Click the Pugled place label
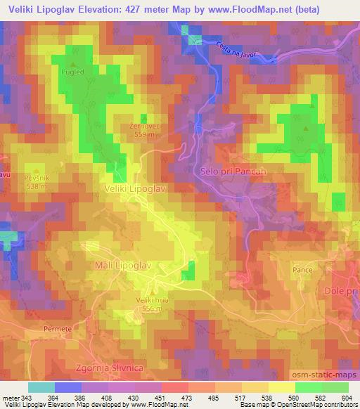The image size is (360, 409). click(72, 72)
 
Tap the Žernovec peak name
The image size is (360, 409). click(143, 126)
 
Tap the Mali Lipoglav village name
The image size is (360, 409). click(122, 265)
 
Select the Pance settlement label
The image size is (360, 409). click(303, 269)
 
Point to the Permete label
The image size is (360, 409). click(58, 328)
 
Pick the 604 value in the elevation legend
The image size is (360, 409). click(348, 397)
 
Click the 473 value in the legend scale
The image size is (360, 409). click(186, 397)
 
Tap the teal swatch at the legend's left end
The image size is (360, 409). click(41, 387)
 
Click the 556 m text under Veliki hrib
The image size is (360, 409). click(151, 308)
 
